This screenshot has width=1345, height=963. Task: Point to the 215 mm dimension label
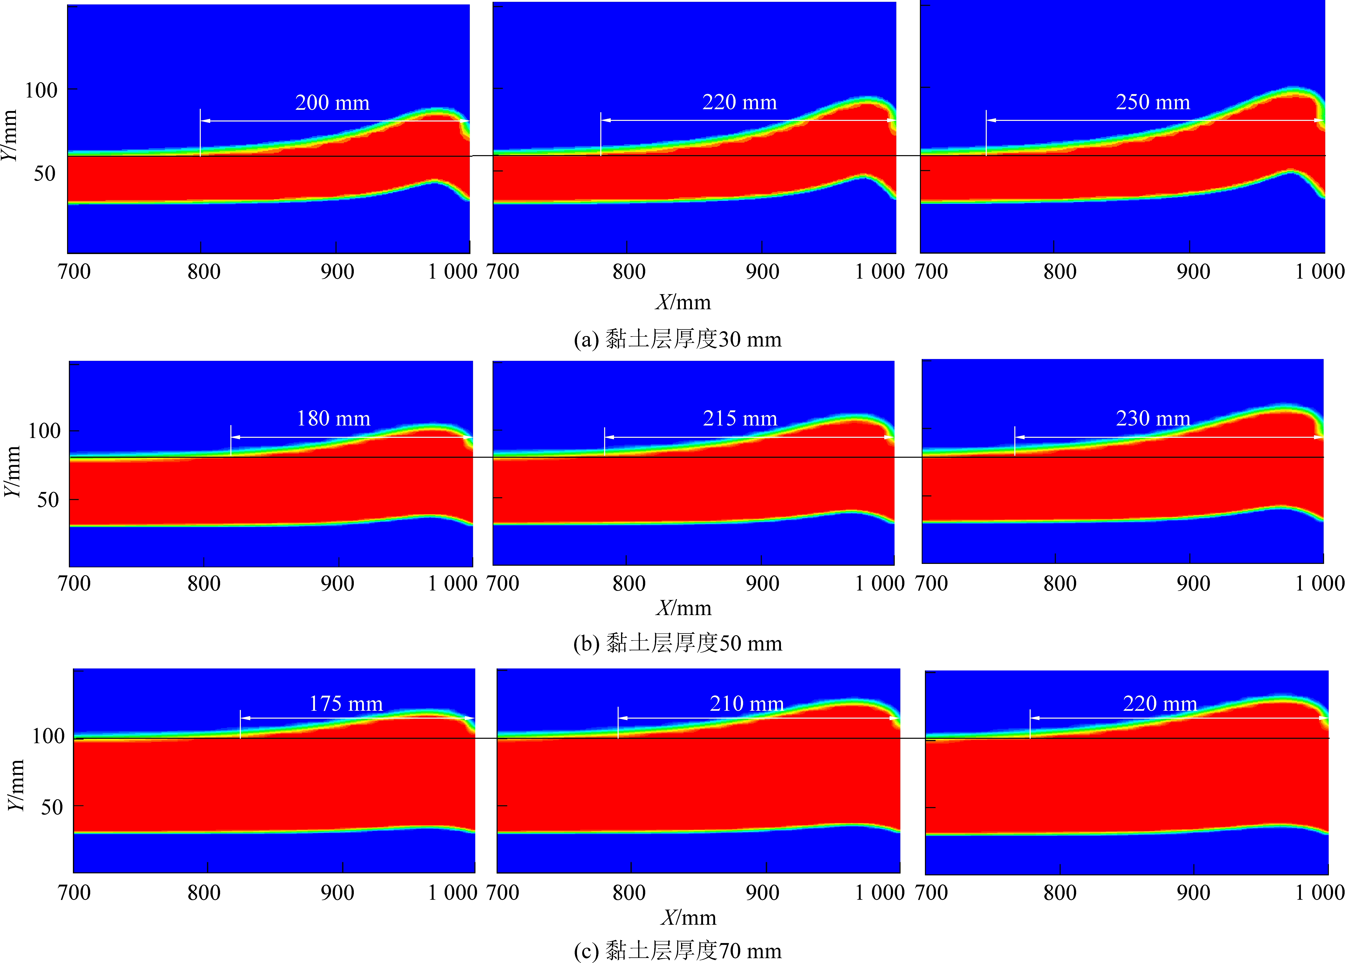(x=740, y=419)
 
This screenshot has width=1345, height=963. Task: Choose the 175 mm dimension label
(x=346, y=704)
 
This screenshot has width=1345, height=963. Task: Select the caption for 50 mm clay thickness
(x=678, y=643)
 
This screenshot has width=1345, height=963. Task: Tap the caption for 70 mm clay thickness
(x=678, y=951)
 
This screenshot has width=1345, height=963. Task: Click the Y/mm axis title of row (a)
(x=9, y=135)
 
